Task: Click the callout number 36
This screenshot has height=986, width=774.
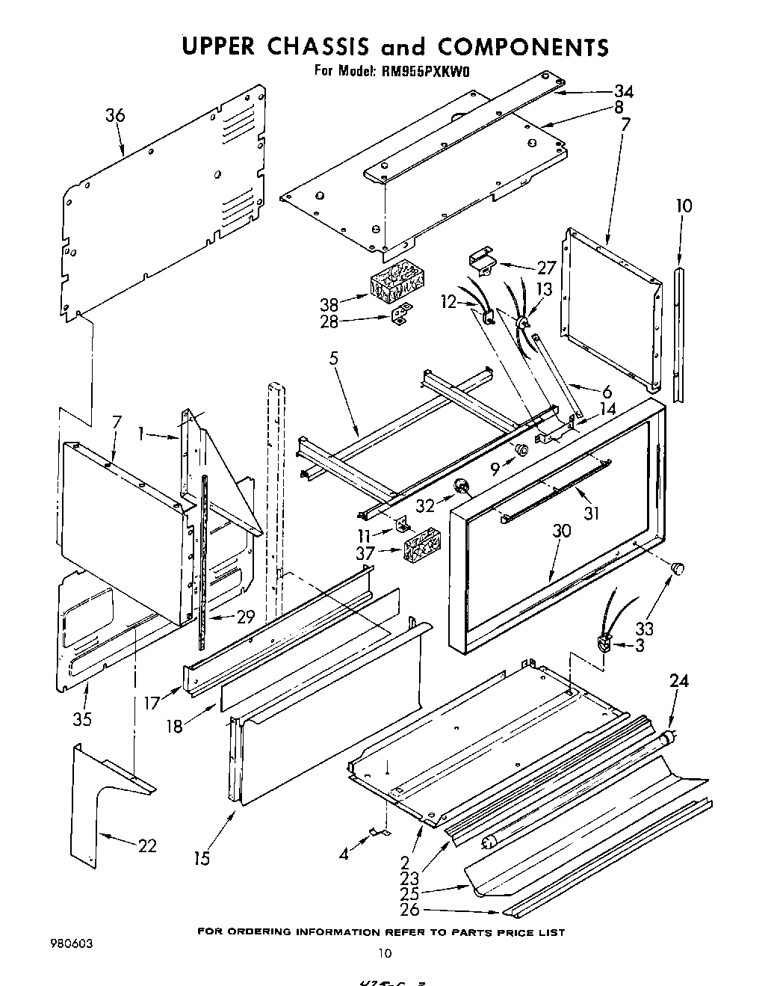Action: tap(115, 115)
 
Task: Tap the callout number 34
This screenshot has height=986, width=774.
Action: tap(623, 91)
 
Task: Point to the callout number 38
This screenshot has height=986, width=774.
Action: tap(329, 304)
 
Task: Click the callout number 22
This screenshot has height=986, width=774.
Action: tap(147, 845)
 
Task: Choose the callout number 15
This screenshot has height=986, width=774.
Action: tap(201, 858)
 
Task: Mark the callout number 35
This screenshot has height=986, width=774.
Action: tap(82, 719)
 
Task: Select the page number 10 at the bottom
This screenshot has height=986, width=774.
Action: tap(385, 952)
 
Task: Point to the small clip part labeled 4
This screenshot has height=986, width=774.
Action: tap(380, 831)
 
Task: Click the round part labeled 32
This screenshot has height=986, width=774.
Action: tap(464, 488)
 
